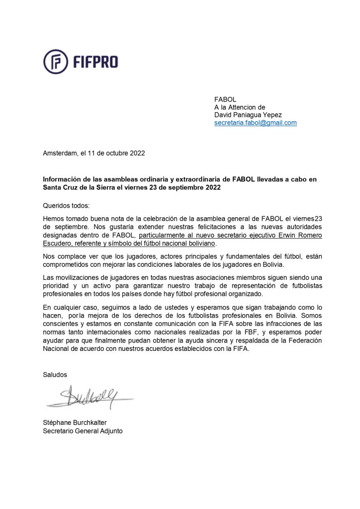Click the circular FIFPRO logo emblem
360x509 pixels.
point(56,62)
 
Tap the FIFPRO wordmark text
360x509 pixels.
point(94,62)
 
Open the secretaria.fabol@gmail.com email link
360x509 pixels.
point(255,123)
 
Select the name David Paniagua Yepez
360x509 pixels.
point(248,115)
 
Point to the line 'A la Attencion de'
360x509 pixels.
point(240,107)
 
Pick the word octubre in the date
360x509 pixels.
point(115,153)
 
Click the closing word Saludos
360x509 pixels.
point(55,374)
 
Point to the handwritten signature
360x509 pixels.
point(90,396)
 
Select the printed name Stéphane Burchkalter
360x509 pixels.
point(79,423)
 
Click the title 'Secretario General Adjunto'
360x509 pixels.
point(83,431)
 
